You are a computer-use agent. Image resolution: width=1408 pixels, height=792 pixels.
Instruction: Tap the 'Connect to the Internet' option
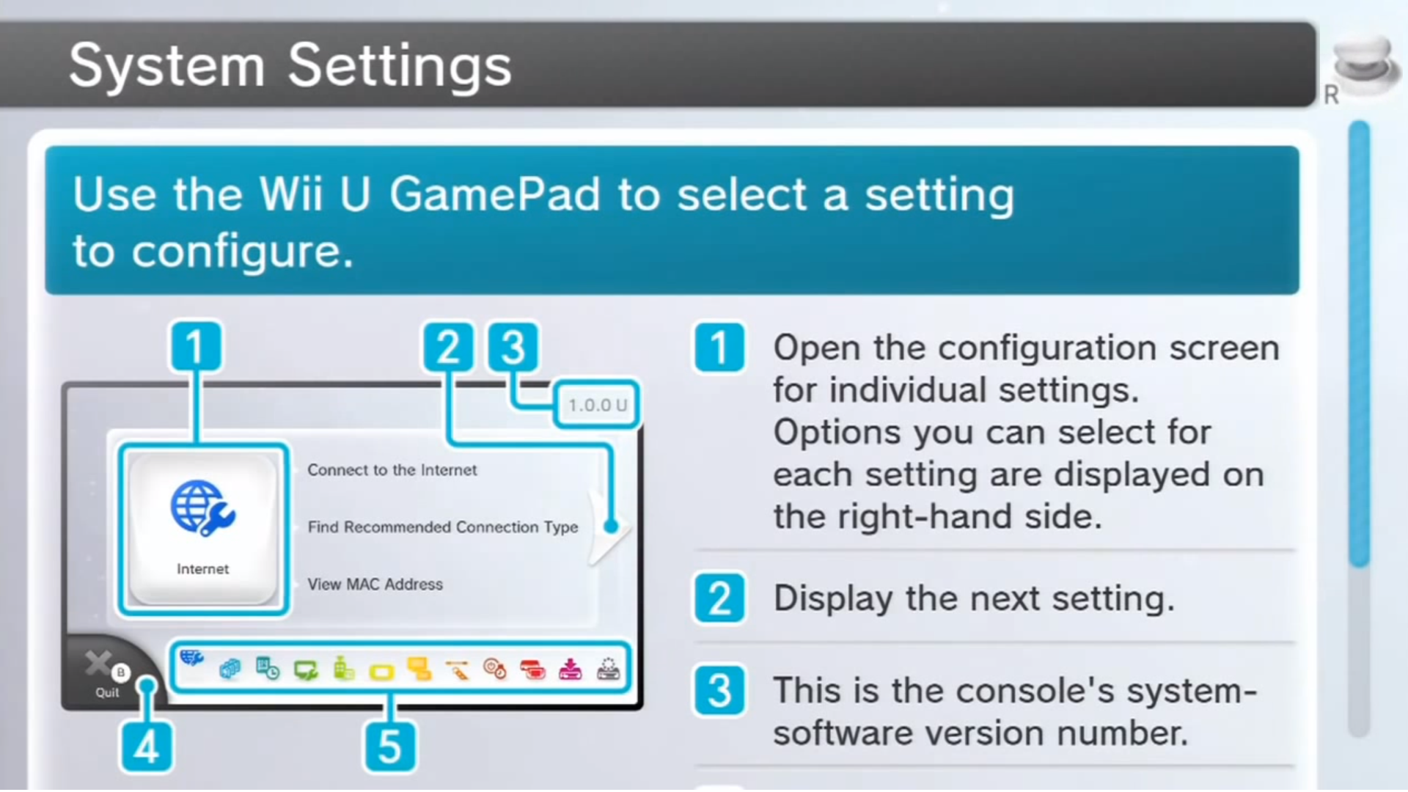click(x=392, y=470)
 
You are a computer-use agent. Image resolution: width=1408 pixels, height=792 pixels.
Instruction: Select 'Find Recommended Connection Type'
click(x=442, y=527)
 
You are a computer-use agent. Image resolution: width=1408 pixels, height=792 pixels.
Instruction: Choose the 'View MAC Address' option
click(x=375, y=584)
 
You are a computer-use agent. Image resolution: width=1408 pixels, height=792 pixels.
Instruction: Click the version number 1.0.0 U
click(x=597, y=405)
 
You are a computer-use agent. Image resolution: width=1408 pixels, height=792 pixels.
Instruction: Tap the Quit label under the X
click(x=107, y=693)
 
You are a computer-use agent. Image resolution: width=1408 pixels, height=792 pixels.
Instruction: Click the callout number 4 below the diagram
click(x=147, y=747)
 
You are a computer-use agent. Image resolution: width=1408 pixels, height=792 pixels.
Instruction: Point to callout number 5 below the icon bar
click(x=389, y=747)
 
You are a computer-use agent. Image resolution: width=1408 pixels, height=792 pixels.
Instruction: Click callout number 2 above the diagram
click(x=447, y=347)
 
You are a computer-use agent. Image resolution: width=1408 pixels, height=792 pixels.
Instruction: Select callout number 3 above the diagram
click(x=513, y=347)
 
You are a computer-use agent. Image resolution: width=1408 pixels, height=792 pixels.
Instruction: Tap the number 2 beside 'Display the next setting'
click(x=719, y=598)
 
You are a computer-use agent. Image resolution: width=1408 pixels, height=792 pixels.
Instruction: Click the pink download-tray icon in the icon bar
click(x=570, y=669)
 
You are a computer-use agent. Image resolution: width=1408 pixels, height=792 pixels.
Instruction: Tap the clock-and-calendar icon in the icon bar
click(x=268, y=669)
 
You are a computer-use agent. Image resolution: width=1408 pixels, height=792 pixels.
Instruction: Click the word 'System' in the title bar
click(x=166, y=66)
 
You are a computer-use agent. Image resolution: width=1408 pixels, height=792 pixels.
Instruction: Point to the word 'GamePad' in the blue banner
click(x=495, y=195)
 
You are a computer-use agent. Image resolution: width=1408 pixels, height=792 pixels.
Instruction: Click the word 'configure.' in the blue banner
click(x=242, y=252)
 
